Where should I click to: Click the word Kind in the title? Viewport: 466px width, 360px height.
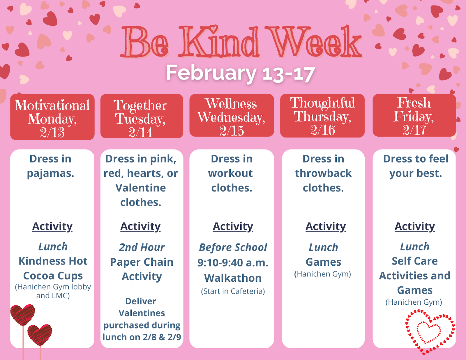point(219,42)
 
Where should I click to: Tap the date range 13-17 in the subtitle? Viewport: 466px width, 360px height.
point(289,74)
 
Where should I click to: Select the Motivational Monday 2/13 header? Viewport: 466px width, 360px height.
point(52,117)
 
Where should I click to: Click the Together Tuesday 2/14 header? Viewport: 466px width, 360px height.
point(142,116)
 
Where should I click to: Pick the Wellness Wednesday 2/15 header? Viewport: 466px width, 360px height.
point(232,115)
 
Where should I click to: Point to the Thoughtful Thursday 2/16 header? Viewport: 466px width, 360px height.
point(322,116)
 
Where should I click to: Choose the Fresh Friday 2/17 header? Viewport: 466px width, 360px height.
point(414,115)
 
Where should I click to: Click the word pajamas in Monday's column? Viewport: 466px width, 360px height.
point(51,174)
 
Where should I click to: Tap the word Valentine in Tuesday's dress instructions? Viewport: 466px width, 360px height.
point(141,188)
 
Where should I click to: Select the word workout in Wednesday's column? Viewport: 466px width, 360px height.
point(231,173)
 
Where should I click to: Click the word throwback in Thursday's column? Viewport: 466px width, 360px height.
point(323,173)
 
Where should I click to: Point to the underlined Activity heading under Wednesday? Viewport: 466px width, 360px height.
point(233,227)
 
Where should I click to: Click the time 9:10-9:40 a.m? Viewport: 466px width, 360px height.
point(233,263)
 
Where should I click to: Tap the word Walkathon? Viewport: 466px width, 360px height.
point(233,278)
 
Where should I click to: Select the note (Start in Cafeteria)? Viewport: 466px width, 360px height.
point(233,291)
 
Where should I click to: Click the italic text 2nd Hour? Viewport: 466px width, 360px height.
point(142,247)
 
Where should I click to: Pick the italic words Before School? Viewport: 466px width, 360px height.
point(233,247)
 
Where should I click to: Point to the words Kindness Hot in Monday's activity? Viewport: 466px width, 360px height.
point(53,261)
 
